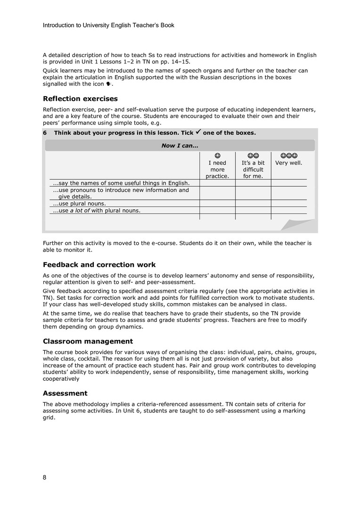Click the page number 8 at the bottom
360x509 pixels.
pos(45,477)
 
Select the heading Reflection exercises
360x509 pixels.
pos(80,99)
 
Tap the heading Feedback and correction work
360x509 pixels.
pos(99,264)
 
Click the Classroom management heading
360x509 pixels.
pos(88,341)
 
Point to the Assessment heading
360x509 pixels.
pos(65,393)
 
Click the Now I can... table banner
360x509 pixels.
pos(180,146)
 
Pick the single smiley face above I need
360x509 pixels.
pos(217,155)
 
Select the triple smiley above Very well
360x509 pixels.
pos(288,155)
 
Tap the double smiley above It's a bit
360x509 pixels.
pos(253,155)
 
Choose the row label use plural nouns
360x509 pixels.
pos(79,204)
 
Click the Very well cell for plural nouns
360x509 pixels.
pos(288,204)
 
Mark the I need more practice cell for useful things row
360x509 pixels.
pos(217,183)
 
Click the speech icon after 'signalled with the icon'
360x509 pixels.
pos(108,84)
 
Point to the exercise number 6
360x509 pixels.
pos(45,133)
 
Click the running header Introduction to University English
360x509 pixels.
pos(108,25)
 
